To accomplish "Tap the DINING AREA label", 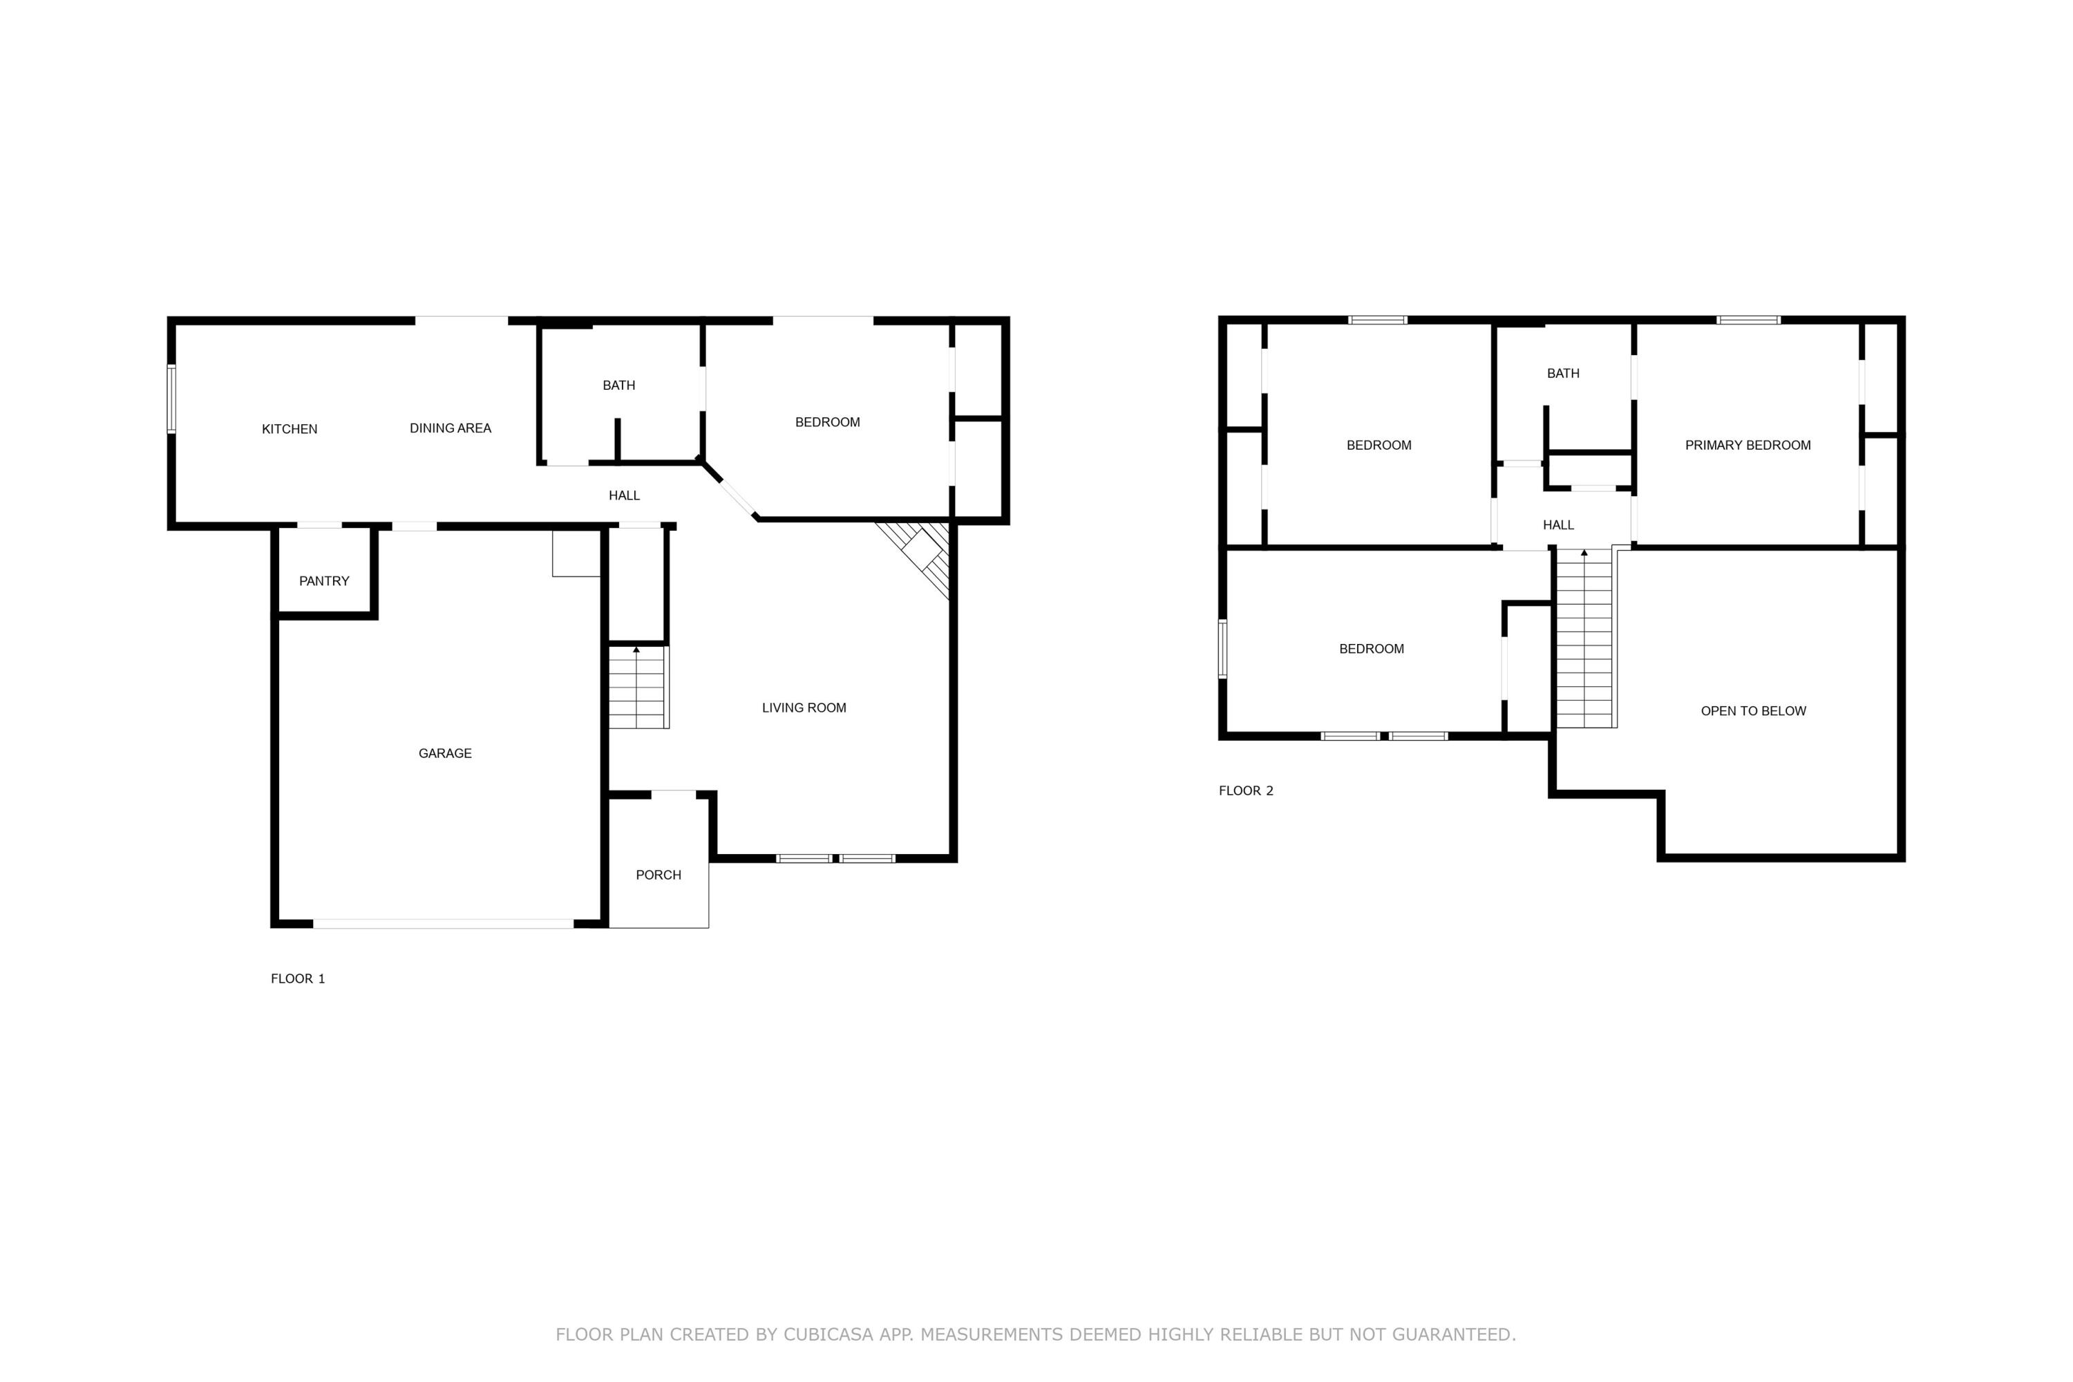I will [x=450, y=428].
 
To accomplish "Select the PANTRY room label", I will [x=323, y=581].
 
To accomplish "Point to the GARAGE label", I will [x=444, y=754].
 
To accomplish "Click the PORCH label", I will [x=659, y=875].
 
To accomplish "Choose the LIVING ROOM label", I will [x=804, y=708].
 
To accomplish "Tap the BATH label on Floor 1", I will [x=618, y=385].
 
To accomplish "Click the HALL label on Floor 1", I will [x=624, y=495].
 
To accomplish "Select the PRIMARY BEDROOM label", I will [x=1748, y=445].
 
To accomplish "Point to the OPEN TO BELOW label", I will [x=1753, y=711].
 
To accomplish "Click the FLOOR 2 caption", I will [x=1245, y=791].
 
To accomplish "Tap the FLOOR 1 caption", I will [x=297, y=978].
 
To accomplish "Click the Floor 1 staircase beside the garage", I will [x=637, y=688].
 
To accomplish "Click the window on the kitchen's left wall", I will [x=172, y=399].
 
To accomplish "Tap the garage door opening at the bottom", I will [x=444, y=924].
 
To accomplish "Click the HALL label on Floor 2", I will [x=1558, y=525].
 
